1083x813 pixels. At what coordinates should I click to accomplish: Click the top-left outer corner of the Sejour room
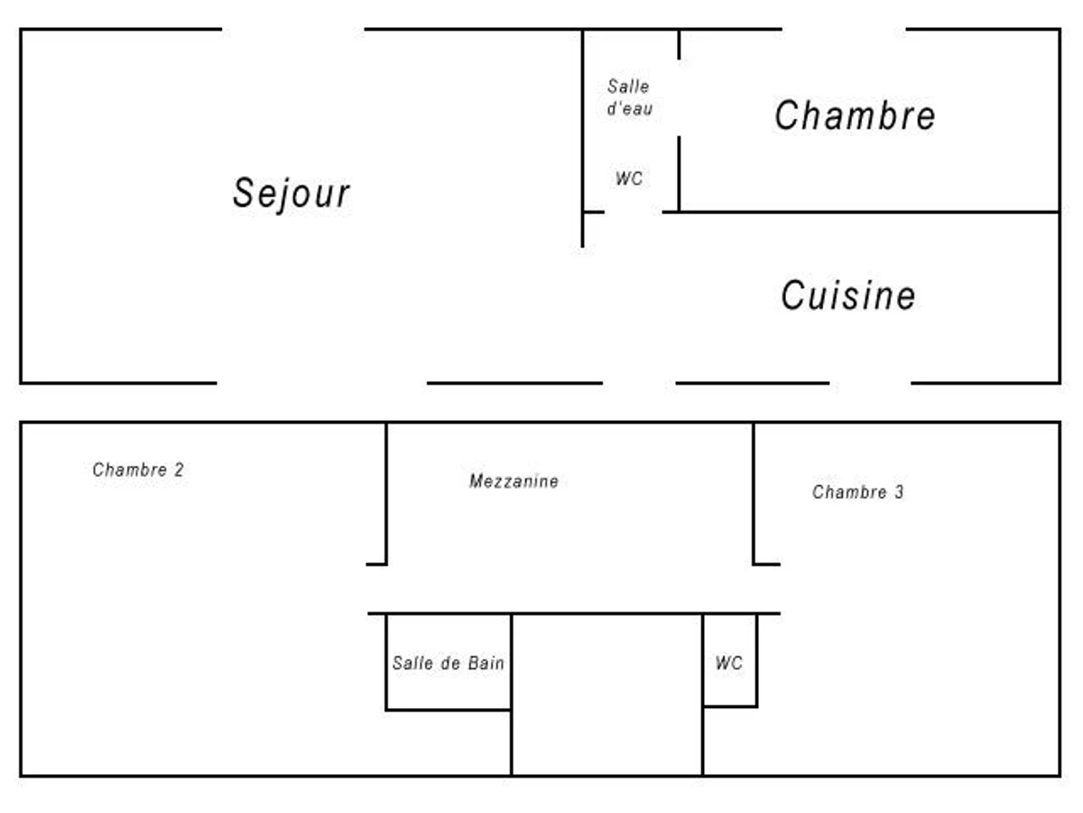coord(21,30)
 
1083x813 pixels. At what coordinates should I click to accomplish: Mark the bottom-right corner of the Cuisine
coord(1060,382)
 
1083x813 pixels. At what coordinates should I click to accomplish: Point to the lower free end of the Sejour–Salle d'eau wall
coord(583,247)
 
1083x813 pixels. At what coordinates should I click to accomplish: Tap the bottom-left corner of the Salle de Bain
coord(386,710)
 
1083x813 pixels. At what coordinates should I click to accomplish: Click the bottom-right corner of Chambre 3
coord(1060,775)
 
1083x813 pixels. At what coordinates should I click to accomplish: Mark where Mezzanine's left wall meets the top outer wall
coord(386,423)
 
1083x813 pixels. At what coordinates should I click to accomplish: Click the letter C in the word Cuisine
coord(792,295)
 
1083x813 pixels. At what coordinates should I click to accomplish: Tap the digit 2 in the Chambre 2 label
coord(179,470)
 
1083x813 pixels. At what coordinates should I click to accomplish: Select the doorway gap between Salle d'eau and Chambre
coord(679,98)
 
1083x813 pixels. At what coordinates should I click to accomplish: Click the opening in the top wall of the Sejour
coord(293,30)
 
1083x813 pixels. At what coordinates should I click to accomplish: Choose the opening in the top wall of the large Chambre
coord(844,30)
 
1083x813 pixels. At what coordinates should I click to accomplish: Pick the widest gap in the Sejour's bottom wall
coord(321,382)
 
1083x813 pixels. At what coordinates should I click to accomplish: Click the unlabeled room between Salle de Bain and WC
coord(606,695)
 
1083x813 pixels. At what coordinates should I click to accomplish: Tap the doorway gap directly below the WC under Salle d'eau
coord(633,212)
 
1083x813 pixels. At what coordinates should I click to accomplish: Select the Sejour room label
coord(292,193)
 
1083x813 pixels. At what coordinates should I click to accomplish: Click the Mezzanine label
coord(514,481)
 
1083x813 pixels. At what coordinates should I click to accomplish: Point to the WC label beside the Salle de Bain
coord(728,662)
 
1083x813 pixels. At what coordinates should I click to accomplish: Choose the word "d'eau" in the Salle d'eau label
coord(630,108)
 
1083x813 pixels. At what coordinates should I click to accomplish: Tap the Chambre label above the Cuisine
coord(855,116)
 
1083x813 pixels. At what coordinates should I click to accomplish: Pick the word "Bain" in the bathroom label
coord(486,662)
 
